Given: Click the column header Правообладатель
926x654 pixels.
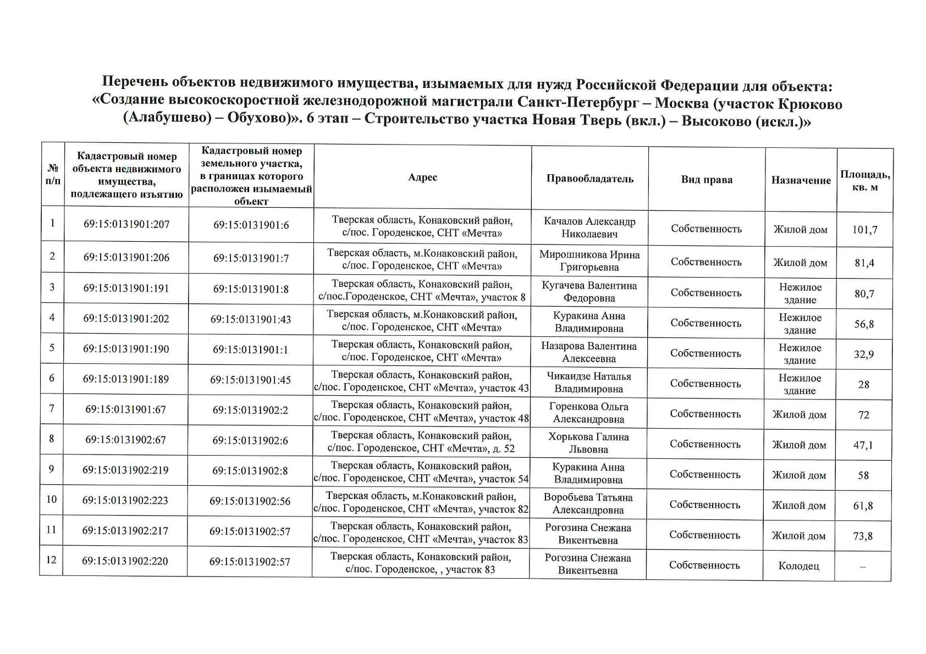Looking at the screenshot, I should click(589, 179).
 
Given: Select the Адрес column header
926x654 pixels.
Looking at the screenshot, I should click(422, 177).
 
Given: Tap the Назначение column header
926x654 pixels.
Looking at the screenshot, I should click(801, 180).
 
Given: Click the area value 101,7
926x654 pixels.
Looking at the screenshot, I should click(864, 230).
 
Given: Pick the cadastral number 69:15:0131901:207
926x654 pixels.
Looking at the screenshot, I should click(126, 224).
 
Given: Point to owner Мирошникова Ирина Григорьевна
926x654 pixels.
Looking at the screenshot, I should click(589, 261).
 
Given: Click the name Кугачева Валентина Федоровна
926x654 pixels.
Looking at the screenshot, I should click(589, 292).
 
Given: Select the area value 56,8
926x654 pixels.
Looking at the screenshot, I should click(864, 324).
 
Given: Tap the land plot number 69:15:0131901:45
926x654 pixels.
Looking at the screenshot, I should click(250, 380).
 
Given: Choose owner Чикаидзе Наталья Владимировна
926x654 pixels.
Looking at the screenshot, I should click(589, 383).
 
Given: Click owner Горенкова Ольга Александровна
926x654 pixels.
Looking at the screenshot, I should click(588, 413).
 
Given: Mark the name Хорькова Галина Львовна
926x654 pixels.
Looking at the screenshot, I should click(588, 443).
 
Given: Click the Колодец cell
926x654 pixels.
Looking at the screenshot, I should click(798, 566).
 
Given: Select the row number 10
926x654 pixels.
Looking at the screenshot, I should click(51, 500).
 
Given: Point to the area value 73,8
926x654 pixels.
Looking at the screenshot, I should click(863, 536).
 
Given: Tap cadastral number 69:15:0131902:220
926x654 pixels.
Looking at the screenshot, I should click(125, 562).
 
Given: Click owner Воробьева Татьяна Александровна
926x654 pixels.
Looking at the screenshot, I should click(588, 503).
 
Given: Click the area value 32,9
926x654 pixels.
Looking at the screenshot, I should click(864, 354).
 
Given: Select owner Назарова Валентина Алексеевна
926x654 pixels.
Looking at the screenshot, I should click(589, 352).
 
